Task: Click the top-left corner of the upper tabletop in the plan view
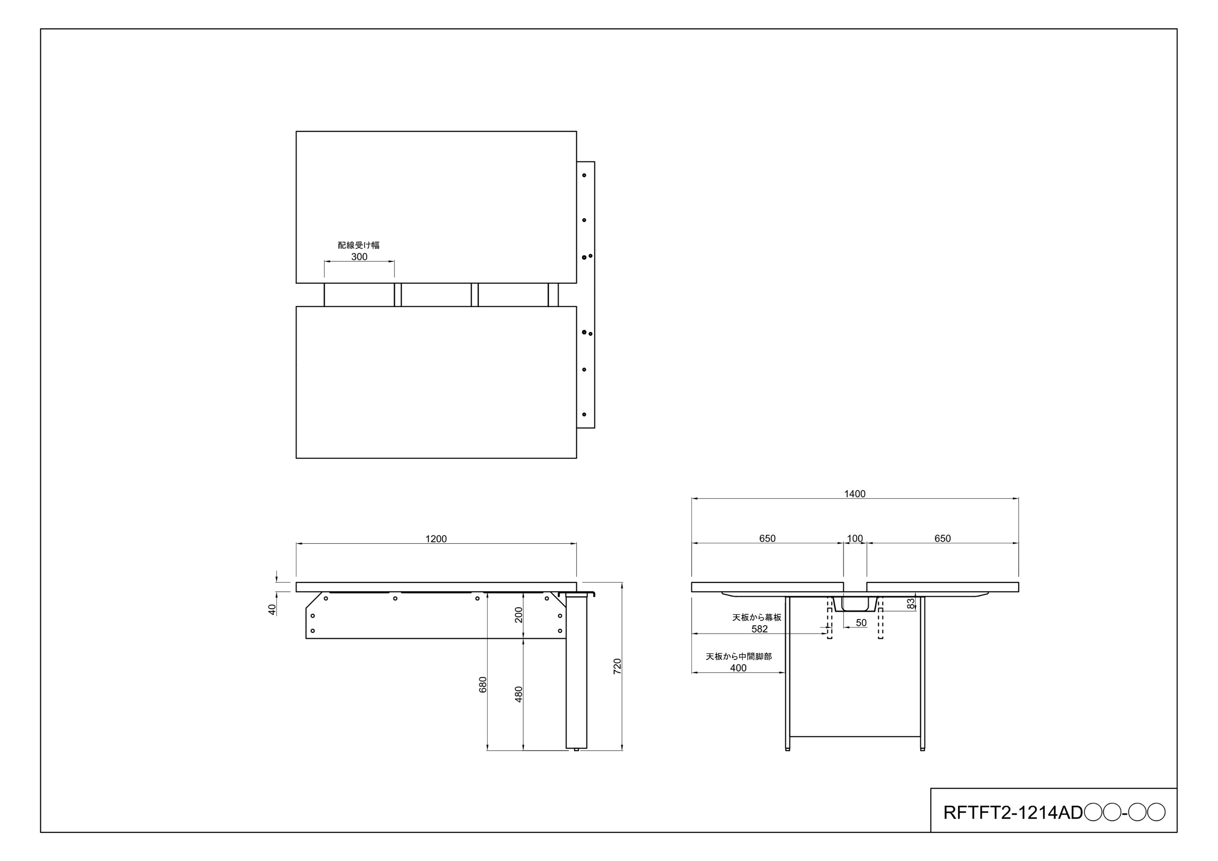point(296,132)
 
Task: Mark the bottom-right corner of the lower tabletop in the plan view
point(577,458)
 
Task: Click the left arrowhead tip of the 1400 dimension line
point(692,499)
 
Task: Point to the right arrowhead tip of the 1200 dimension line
point(577,544)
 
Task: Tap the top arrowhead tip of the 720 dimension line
point(622,583)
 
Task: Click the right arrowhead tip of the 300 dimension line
point(394,261)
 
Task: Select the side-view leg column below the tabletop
point(576,671)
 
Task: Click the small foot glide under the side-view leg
point(577,750)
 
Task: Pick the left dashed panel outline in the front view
point(829,618)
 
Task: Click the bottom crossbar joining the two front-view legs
point(854,736)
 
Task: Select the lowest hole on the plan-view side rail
point(584,414)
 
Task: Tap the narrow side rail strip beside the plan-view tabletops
point(586,294)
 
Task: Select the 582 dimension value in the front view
point(760,629)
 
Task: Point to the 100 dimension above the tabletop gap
point(854,538)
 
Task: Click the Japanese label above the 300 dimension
point(359,245)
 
